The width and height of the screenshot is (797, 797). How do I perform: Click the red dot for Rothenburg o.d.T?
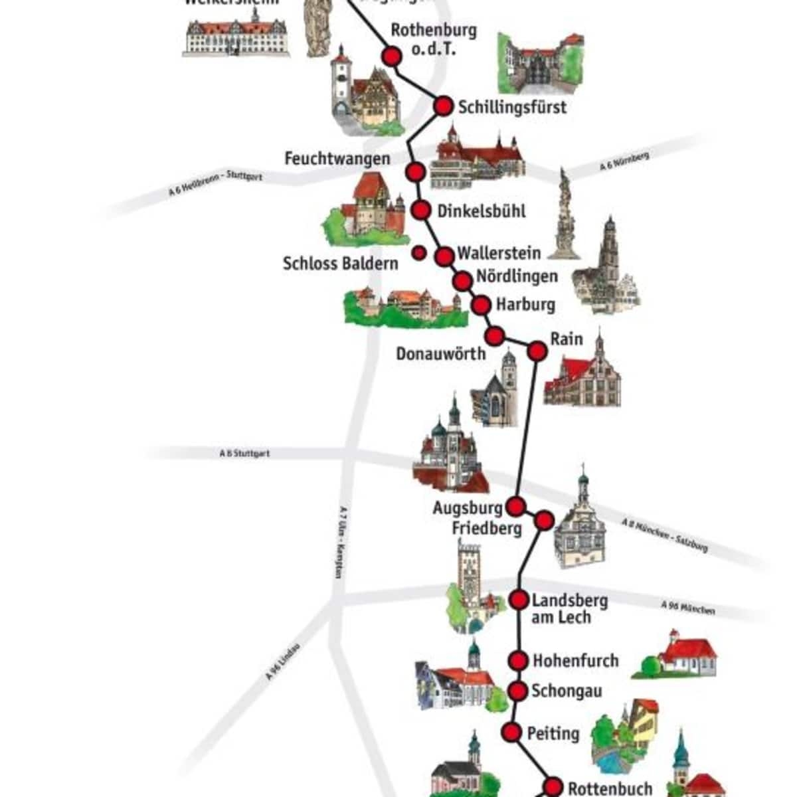[392, 56]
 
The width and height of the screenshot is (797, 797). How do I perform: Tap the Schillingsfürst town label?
[512, 107]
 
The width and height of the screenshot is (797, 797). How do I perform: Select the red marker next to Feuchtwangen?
[416, 171]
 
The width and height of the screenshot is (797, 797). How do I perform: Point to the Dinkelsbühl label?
[482, 211]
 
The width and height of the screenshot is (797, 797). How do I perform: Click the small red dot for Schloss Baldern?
[419, 252]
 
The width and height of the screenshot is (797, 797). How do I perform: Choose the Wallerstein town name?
[499, 253]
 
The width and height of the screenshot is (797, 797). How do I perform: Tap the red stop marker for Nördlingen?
[462, 282]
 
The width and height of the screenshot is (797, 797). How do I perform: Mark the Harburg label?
[525, 305]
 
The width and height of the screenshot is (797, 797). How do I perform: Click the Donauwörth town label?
[441, 353]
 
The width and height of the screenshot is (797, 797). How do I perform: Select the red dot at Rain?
[537, 351]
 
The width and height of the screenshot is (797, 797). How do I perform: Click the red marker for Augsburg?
[515, 507]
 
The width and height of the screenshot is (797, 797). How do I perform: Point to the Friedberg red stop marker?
[544, 521]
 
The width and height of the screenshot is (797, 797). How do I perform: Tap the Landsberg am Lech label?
[569, 608]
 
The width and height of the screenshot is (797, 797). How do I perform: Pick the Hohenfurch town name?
[575, 661]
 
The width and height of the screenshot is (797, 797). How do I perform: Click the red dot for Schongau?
[518, 691]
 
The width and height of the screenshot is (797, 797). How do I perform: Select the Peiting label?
[553, 733]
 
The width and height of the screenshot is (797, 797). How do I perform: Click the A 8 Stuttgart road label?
[244, 454]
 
